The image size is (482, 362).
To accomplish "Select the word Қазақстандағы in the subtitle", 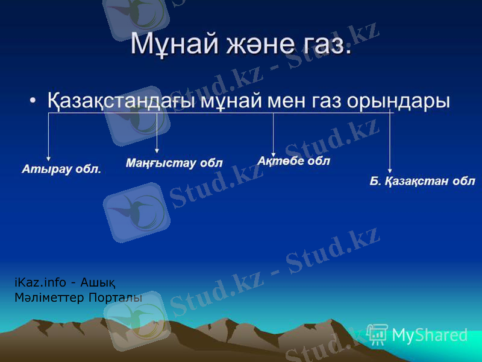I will (121, 100).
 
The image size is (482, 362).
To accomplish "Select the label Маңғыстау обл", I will (174, 162).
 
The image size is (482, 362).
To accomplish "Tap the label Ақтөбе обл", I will (293, 161).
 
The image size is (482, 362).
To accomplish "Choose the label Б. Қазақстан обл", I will (422, 180).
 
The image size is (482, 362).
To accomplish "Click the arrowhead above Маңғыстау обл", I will (157, 150).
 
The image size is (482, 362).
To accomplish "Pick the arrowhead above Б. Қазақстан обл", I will (390, 170).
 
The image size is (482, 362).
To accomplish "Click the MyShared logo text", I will (429, 335).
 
